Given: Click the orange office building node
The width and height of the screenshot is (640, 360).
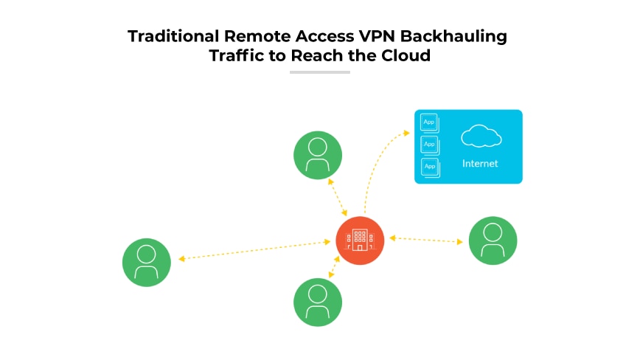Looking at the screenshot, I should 360,240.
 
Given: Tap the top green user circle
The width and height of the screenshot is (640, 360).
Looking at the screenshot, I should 318,155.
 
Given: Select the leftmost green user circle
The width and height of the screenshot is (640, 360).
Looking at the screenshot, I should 147,263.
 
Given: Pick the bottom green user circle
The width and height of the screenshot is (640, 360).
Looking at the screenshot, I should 318,302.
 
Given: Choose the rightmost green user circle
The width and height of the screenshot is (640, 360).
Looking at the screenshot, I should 493,240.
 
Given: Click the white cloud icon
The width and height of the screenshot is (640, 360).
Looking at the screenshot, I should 481,136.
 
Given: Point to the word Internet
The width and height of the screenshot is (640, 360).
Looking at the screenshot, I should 480,164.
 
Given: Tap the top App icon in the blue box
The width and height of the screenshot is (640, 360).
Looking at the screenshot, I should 429,122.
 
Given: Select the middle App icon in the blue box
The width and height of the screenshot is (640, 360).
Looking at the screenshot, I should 429,144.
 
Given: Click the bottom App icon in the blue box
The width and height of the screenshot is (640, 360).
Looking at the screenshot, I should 429,166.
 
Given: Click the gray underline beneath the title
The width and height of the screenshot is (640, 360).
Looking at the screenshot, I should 319,72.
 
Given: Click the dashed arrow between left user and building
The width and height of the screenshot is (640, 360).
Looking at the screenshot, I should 254,249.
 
